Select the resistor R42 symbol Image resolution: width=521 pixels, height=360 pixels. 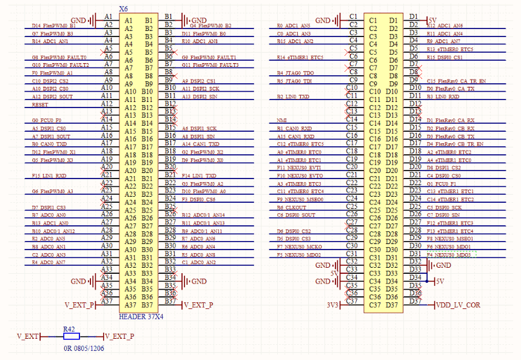(71, 336)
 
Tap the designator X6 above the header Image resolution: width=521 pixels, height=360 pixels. (124, 9)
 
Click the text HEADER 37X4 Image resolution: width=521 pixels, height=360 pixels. (140, 316)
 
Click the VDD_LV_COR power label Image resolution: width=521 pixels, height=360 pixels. (458, 305)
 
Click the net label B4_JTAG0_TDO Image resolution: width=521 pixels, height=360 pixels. (295, 73)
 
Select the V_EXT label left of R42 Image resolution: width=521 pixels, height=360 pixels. (27, 336)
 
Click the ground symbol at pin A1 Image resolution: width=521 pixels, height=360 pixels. (93, 21)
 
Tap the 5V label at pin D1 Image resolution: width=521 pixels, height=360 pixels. (432, 20)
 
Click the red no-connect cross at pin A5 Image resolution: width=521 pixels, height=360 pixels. (109, 47)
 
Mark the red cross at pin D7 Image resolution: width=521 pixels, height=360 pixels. (414, 63)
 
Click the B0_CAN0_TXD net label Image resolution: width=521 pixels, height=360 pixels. (49, 144)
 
